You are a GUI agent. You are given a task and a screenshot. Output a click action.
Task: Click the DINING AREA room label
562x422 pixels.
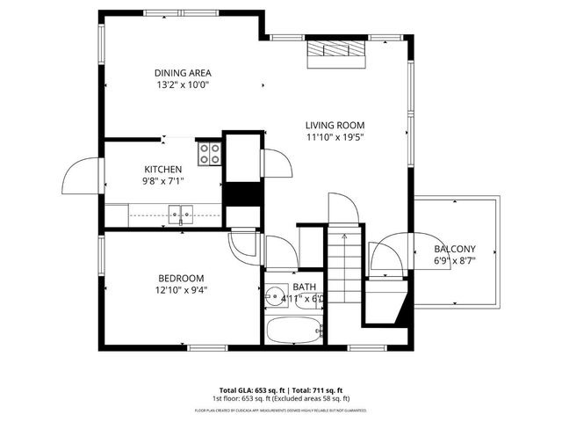click(183, 73)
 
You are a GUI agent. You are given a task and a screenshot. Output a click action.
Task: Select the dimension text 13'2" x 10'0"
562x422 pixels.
click(183, 85)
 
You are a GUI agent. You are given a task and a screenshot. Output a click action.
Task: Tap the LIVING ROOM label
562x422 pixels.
click(335, 125)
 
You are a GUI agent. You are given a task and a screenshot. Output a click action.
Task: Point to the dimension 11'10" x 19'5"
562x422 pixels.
click(335, 137)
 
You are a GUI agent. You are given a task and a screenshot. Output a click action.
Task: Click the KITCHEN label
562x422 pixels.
click(163, 169)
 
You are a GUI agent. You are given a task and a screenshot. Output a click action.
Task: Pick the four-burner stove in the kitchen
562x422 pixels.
click(209, 154)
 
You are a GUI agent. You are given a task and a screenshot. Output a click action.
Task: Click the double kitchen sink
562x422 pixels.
click(182, 213)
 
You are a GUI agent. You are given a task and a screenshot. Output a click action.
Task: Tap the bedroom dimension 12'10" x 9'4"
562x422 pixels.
click(181, 289)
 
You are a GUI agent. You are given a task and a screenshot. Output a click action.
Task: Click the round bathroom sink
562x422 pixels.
click(275, 296)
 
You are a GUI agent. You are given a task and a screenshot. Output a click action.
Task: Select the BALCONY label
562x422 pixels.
click(454, 249)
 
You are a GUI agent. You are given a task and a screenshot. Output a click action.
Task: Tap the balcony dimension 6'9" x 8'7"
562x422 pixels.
click(454, 261)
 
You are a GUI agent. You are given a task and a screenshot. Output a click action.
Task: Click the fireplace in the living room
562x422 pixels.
click(335, 54)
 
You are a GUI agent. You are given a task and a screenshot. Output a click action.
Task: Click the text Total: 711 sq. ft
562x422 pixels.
click(317, 389)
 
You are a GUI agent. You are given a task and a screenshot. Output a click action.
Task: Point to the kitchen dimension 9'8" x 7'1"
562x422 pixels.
click(163, 181)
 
